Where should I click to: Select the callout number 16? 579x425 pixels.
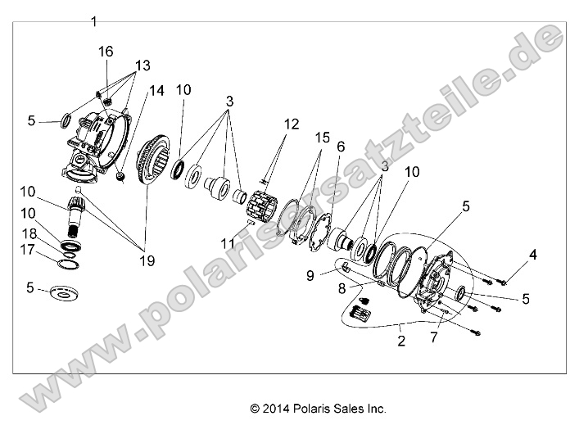[106, 52]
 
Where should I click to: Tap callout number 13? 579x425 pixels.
[142, 66]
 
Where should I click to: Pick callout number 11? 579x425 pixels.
[226, 243]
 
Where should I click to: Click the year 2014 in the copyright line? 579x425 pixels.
[274, 408]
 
